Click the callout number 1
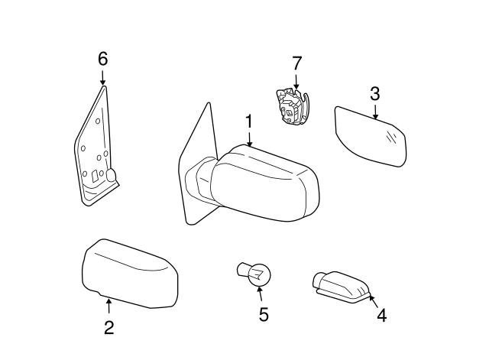coord(248,122)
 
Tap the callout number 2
coord(108,328)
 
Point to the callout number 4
coord(381,314)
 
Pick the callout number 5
coord(264,314)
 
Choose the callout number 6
coord(103,59)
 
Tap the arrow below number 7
coord(296,80)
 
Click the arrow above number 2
coord(108,307)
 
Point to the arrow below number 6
coord(103,76)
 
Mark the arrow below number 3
coord(375,112)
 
